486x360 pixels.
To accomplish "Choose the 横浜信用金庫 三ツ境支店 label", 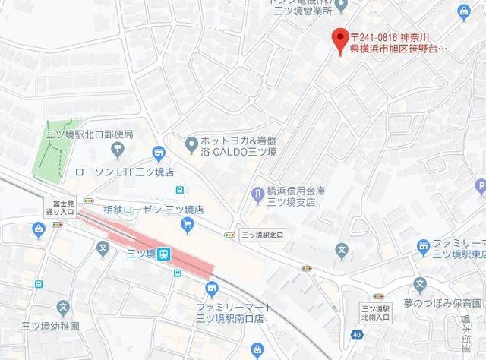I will tap(295, 198).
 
